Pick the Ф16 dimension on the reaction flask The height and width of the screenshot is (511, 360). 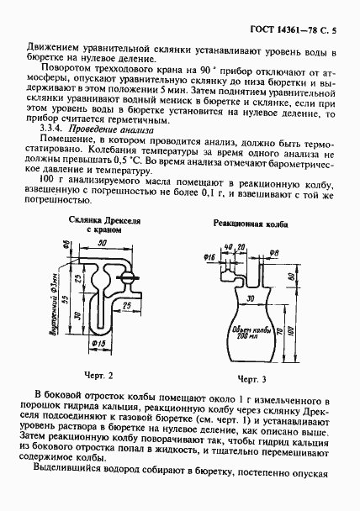[210, 252]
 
